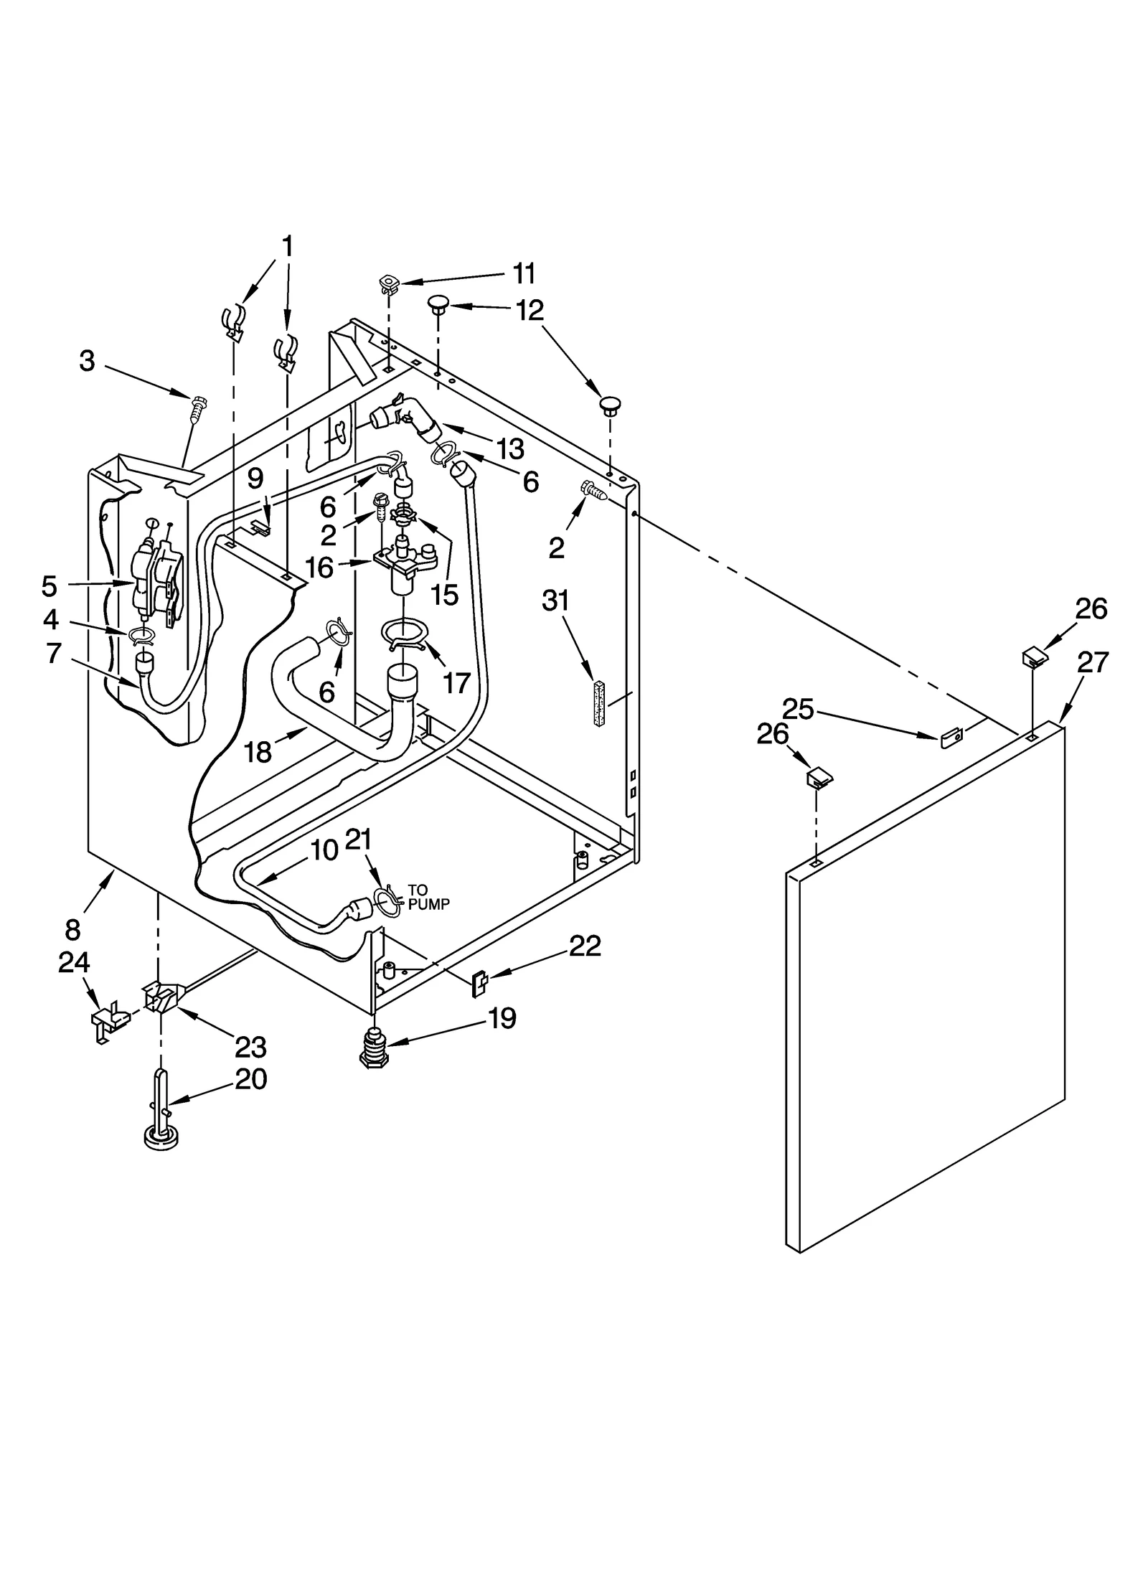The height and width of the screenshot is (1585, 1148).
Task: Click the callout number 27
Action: pyautogui.click(x=1093, y=662)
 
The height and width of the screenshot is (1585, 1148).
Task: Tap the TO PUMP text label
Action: pyautogui.click(x=428, y=898)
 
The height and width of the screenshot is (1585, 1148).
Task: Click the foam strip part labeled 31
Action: pyautogui.click(x=599, y=704)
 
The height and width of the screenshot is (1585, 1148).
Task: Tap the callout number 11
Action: pyautogui.click(x=524, y=273)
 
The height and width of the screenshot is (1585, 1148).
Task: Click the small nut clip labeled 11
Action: pyautogui.click(x=389, y=284)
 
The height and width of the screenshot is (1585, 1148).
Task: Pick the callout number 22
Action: pyautogui.click(x=584, y=946)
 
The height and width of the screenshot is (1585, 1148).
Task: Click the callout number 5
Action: pyautogui.click(x=49, y=585)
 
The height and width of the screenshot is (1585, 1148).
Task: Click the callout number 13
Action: pyautogui.click(x=510, y=449)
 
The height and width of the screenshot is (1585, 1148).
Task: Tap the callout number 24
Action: pyautogui.click(x=74, y=962)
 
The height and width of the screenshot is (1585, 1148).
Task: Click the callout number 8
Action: pyautogui.click(x=73, y=930)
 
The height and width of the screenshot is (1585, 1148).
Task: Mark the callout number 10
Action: pyautogui.click(x=324, y=851)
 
